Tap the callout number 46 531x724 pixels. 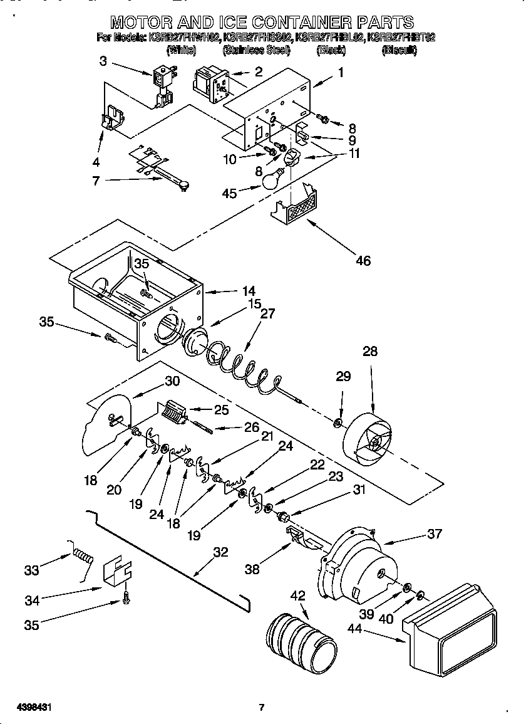(363, 260)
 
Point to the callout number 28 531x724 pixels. (370, 351)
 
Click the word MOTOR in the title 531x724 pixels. (144, 23)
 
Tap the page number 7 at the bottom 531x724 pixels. (262, 708)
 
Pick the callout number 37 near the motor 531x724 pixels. (434, 533)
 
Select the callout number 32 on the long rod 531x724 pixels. (220, 552)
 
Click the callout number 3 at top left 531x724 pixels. (103, 61)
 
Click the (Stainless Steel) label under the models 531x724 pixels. (256, 50)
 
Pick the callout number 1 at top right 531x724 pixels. (341, 73)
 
